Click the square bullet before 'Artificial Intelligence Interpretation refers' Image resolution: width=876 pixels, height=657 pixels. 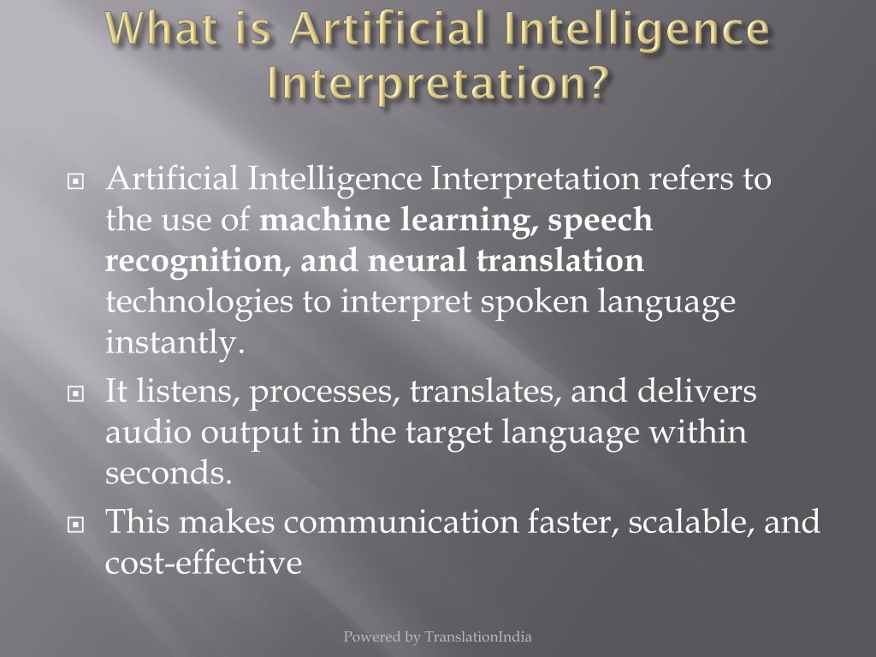click(x=75, y=181)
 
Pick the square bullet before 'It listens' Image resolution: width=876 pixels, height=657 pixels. click(x=75, y=394)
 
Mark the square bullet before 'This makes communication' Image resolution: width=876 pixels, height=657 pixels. click(x=75, y=524)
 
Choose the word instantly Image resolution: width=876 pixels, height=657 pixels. click(x=175, y=342)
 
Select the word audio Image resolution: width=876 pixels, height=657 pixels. click(x=148, y=432)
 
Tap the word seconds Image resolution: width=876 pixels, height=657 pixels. click(x=169, y=474)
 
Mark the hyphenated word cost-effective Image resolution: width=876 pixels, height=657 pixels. click(x=204, y=562)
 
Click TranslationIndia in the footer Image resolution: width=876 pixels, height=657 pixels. click(x=477, y=636)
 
